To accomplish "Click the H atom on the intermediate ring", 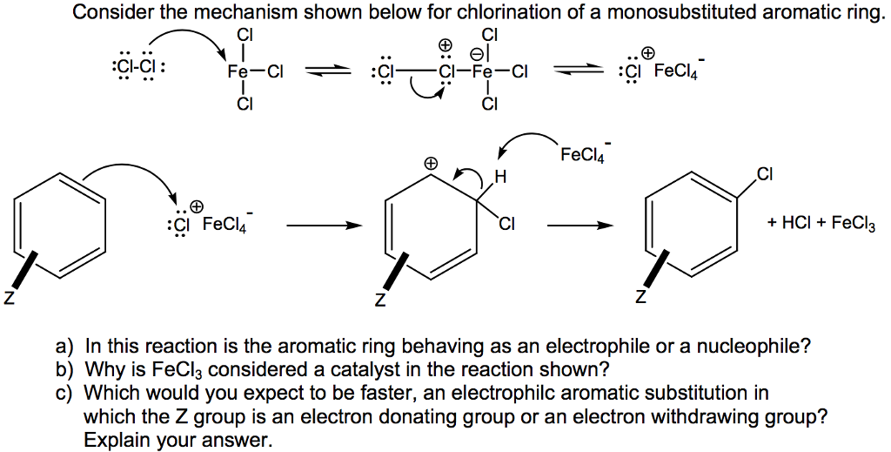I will pos(499,179).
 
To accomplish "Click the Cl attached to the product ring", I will pos(764,174).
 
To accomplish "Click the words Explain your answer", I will pos(178,440).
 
